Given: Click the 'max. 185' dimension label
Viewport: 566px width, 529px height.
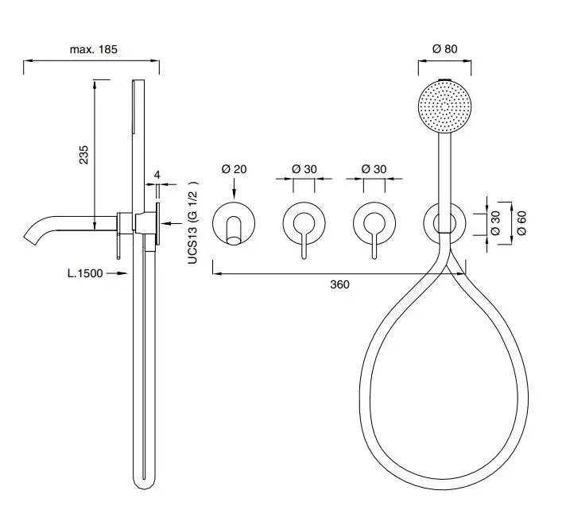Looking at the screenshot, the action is click(x=94, y=49).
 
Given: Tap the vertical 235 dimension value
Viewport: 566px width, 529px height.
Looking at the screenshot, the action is click(x=83, y=155).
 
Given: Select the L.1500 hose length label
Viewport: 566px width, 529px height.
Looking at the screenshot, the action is click(x=85, y=273).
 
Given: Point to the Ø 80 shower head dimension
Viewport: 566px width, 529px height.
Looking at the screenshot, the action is click(x=444, y=48).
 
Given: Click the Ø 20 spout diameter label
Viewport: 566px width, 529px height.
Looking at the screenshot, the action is click(x=234, y=168).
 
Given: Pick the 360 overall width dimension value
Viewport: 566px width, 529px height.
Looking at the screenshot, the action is click(x=339, y=284).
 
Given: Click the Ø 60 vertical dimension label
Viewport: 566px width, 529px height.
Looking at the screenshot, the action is click(x=521, y=223).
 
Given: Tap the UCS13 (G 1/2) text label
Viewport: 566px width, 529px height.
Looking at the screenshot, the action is click(x=192, y=222).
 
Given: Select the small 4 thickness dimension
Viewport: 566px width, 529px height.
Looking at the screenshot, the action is click(x=157, y=175).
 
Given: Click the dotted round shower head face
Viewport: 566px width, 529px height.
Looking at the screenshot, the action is click(x=444, y=106).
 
